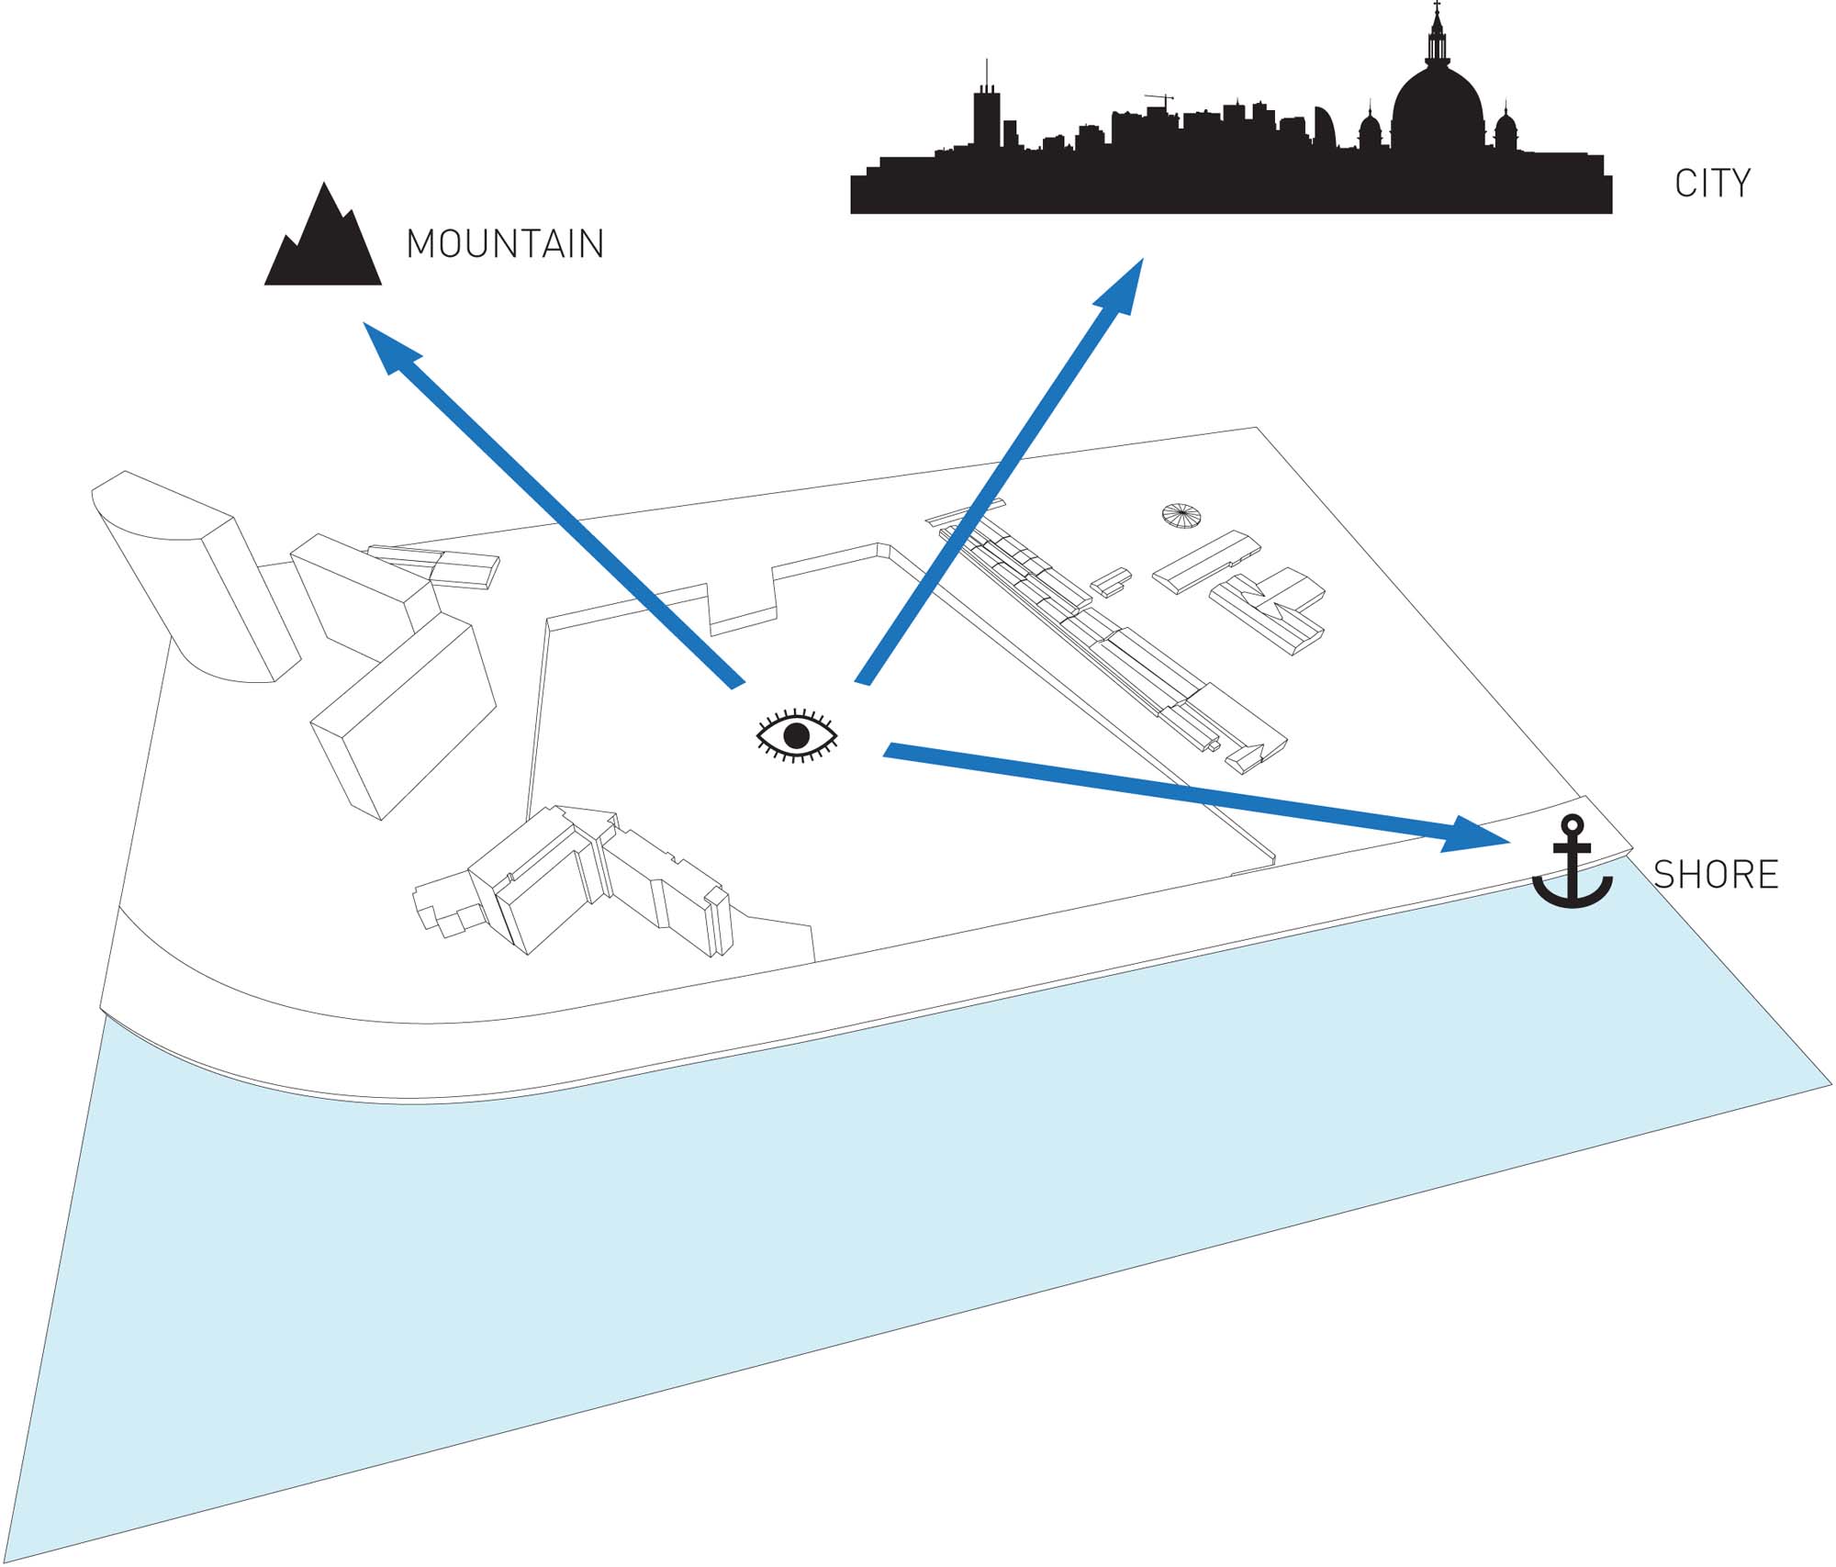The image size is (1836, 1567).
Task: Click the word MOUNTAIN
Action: tap(505, 244)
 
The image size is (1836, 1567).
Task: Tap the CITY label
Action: tap(1712, 184)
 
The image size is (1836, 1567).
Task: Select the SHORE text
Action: tap(1716, 874)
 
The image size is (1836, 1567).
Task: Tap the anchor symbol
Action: tap(1572, 863)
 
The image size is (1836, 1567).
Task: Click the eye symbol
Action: tap(796, 735)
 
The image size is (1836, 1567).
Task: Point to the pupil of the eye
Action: tap(796, 735)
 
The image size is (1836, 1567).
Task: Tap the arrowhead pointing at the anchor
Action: tap(1478, 835)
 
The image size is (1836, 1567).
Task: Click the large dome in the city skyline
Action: tap(1438, 106)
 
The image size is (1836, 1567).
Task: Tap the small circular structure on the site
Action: tap(1181, 515)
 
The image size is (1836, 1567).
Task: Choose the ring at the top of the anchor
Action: tap(1573, 823)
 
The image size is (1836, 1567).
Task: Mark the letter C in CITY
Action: tap(1685, 184)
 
